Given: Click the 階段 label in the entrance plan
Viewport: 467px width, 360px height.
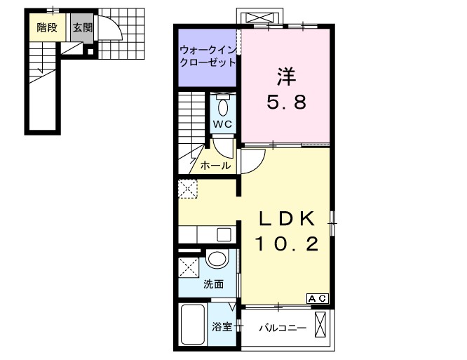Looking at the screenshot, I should [x=47, y=29].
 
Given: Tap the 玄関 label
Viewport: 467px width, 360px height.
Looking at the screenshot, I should [x=82, y=29].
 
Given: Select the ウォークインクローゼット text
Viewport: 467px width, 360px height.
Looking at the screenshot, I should [x=208, y=56].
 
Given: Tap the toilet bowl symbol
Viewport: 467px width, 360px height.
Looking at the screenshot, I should [x=223, y=107].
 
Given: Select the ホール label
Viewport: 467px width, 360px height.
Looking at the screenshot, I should [x=215, y=166].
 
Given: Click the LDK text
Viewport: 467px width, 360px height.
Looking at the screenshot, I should [x=286, y=218].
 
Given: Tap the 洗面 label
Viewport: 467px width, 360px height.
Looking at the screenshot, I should [x=213, y=284].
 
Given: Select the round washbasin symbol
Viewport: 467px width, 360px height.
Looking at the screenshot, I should [x=218, y=259].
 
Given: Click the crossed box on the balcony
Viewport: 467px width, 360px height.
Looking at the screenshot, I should [x=321, y=325].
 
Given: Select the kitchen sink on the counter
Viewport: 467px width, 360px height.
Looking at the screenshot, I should [x=226, y=234].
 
